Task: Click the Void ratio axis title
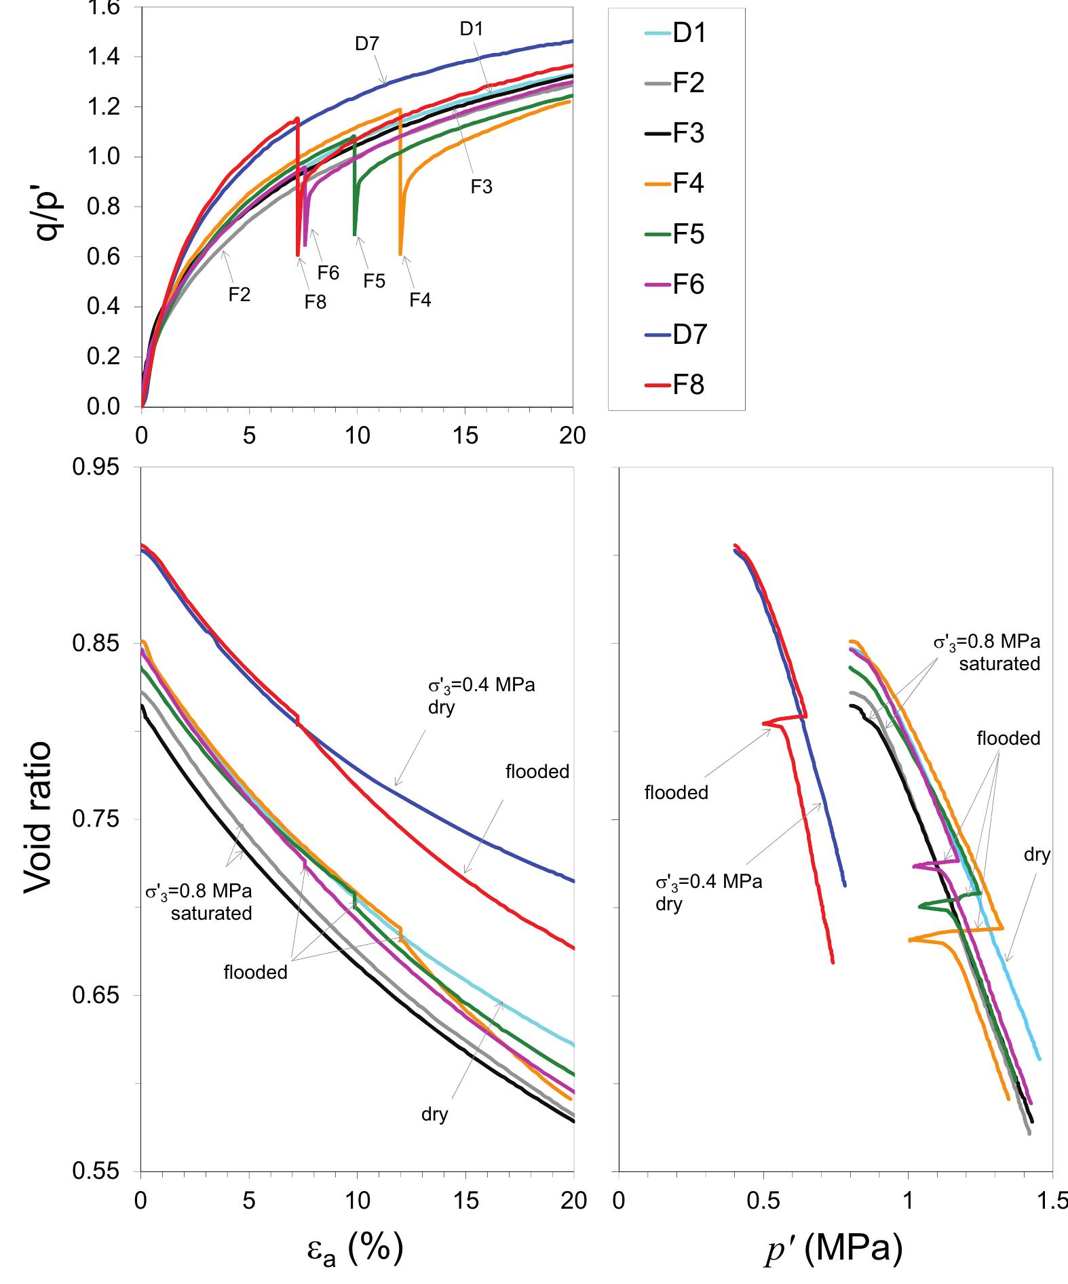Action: pos(38,818)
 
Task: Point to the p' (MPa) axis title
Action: pos(834,1247)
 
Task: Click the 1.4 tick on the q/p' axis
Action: pos(104,57)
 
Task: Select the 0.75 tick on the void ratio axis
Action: pos(94,819)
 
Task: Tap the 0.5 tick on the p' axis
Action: pos(763,1201)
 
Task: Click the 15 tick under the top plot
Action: pos(465,435)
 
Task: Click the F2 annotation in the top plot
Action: pos(239,295)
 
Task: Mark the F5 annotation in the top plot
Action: pos(374,281)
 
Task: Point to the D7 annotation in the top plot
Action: pos(367,44)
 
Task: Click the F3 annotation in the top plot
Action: pos(481,187)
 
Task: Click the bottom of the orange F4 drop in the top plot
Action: pos(400,254)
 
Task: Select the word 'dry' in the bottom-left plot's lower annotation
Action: pos(434,1114)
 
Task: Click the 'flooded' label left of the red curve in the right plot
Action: pos(676,792)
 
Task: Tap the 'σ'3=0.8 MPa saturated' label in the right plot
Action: pos(987,652)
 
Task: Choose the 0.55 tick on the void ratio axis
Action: pos(94,1171)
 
